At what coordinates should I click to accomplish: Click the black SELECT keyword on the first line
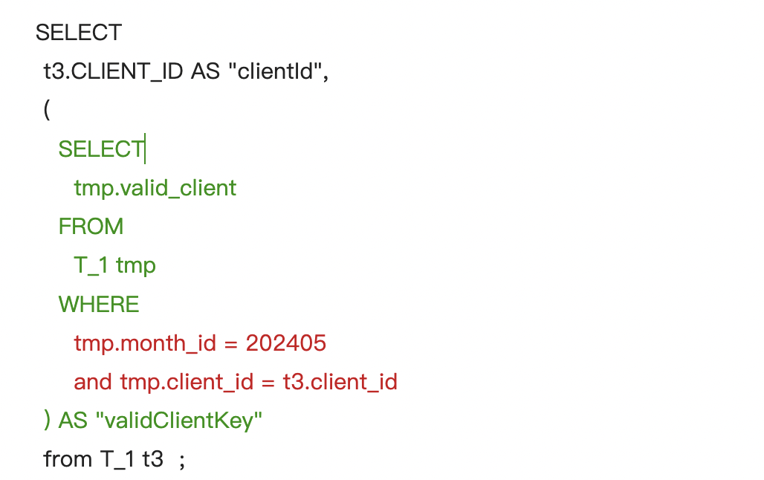click(79, 33)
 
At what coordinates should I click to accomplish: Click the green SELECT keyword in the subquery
click(101, 149)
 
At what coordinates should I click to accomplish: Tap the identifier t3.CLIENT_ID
click(113, 71)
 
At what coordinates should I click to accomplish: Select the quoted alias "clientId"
click(275, 71)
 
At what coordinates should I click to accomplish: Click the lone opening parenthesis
click(47, 109)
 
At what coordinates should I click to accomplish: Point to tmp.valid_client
click(155, 187)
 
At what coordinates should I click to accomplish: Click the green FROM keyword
click(91, 227)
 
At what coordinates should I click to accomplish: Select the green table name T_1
click(91, 266)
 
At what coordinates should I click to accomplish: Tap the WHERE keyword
click(99, 305)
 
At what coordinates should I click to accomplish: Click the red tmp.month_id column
click(145, 343)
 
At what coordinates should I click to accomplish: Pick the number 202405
click(286, 343)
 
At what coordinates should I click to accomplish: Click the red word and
click(93, 382)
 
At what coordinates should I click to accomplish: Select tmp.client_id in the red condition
click(187, 382)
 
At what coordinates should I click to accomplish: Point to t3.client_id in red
click(340, 382)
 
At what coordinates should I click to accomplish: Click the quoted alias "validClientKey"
click(179, 421)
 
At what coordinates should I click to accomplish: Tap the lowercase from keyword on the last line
click(68, 459)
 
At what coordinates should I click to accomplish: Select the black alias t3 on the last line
click(152, 459)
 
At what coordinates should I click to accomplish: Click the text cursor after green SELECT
click(145, 149)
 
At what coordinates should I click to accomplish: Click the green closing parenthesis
click(47, 420)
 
